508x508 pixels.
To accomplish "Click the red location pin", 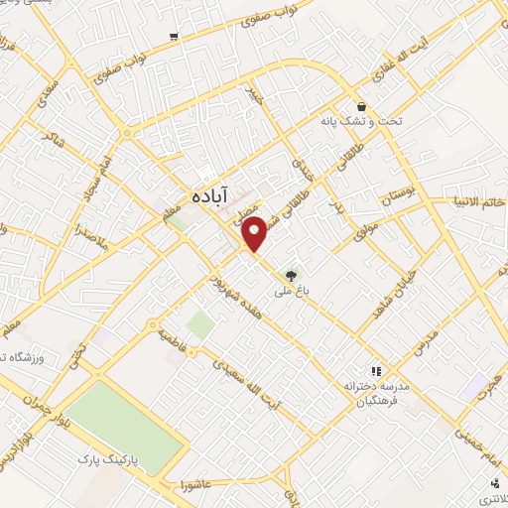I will click(255, 235).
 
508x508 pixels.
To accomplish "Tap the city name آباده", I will click(207, 193).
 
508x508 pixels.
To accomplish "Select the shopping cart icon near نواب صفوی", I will click(174, 36).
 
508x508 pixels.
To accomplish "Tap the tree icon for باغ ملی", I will click(291, 276).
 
